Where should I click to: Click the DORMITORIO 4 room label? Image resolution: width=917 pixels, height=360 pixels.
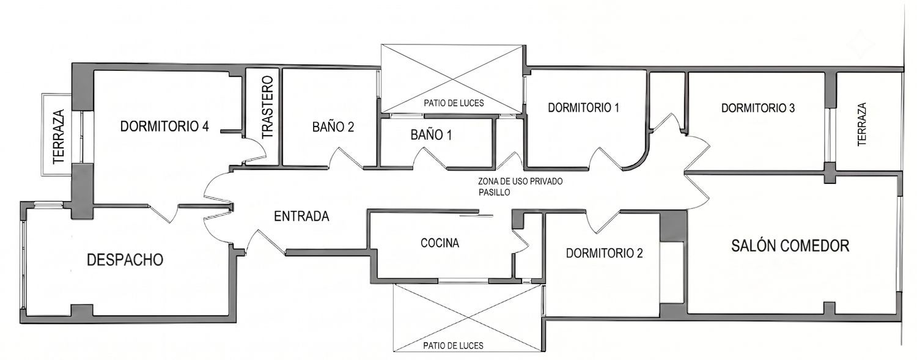pos(164,127)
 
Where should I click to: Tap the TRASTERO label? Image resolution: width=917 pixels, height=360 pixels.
pos(267,107)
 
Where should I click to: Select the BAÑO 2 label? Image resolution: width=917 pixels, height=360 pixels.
pos(333,127)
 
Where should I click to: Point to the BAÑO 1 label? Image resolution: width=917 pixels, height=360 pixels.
pos(431,134)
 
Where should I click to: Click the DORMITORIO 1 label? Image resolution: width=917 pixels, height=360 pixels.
pos(583,108)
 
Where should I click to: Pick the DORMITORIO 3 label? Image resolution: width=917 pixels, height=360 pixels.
pos(758,108)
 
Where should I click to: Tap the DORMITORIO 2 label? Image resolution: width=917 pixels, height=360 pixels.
pos(604,253)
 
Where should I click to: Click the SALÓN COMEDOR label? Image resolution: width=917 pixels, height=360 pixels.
pos(790,246)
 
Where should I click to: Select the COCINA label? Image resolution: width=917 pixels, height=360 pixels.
pos(440,243)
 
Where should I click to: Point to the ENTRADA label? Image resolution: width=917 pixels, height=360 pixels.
pos(301,216)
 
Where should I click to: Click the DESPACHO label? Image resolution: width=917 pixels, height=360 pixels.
pos(125,260)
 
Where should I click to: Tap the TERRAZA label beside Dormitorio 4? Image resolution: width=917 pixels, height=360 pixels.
pos(59,137)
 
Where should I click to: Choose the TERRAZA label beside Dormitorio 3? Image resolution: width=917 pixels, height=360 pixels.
pos(862,124)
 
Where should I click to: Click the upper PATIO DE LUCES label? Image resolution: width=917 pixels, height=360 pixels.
pos(454,103)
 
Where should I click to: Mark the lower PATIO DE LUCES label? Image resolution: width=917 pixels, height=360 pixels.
pos(453,346)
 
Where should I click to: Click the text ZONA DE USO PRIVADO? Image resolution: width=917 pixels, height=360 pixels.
pos(520,182)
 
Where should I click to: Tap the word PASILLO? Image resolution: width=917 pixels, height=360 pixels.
pos(494,193)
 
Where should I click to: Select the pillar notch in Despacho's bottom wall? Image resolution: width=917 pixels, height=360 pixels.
pos(82,310)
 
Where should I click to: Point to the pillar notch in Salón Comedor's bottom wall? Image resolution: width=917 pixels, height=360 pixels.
pos(829,308)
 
